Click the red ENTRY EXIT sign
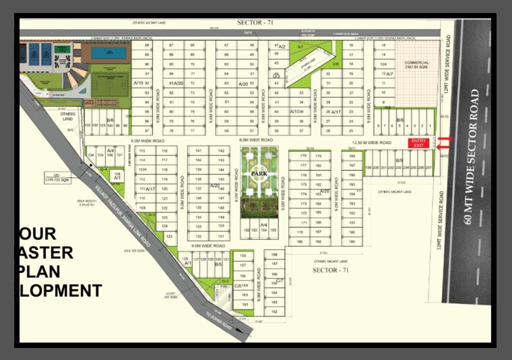(x=418, y=143)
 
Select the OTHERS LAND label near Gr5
(x=68, y=115)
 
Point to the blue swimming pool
(x=108, y=52)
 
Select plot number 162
(x=274, y=311)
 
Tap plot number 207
(x=428, y=167)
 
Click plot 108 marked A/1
(x=117, y=177)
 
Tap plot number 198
(x=368, y=167)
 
